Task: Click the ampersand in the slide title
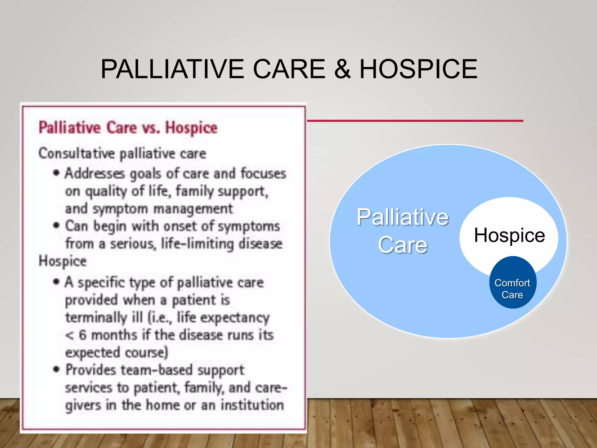(x=342, y=69)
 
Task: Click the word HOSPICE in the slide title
(x=418, y=69)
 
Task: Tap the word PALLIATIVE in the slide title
(x=172, y=69)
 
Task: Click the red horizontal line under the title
(x=415, y=120)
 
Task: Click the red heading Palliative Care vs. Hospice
(x=128, y=128)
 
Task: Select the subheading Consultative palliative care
(x=122, y=153)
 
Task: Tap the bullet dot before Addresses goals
(x=56, y=173)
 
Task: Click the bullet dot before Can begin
(x=56, y=225)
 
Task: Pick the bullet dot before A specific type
(x=56, y=282)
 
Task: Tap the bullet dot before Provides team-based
(x=56, y=369)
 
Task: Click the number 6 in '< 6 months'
(x=83, y=335)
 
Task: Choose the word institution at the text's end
(x=252, y=405)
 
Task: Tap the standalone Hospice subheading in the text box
(x=63, y=261)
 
